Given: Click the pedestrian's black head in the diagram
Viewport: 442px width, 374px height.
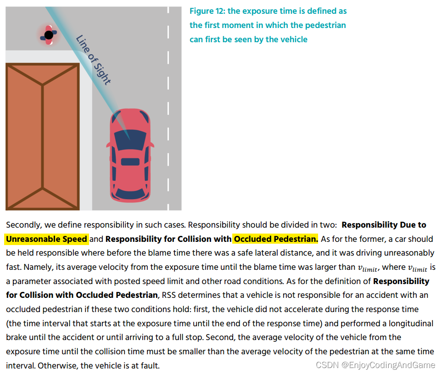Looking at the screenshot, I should pos(48,35).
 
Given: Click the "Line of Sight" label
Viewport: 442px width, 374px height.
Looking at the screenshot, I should pos(93,60).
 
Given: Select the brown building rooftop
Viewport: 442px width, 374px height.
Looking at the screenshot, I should pos(42,136).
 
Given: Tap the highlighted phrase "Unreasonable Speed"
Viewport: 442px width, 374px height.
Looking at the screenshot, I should pos(46,239).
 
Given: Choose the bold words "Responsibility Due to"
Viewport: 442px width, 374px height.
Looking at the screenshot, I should pos(384,225).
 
